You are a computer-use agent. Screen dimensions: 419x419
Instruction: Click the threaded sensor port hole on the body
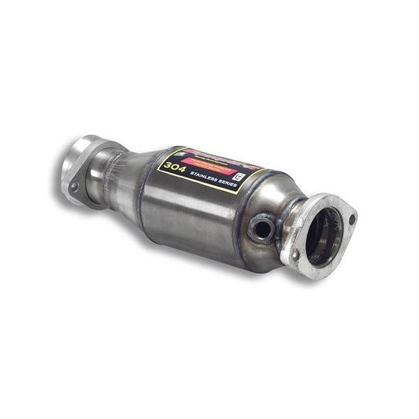[x=263, y=228]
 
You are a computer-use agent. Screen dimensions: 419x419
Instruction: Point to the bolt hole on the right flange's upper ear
[x=351, y=219]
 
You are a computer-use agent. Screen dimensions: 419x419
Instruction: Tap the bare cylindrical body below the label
[x=196, y=223]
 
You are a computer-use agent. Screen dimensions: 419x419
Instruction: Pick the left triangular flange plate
[x=75, y=171]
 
